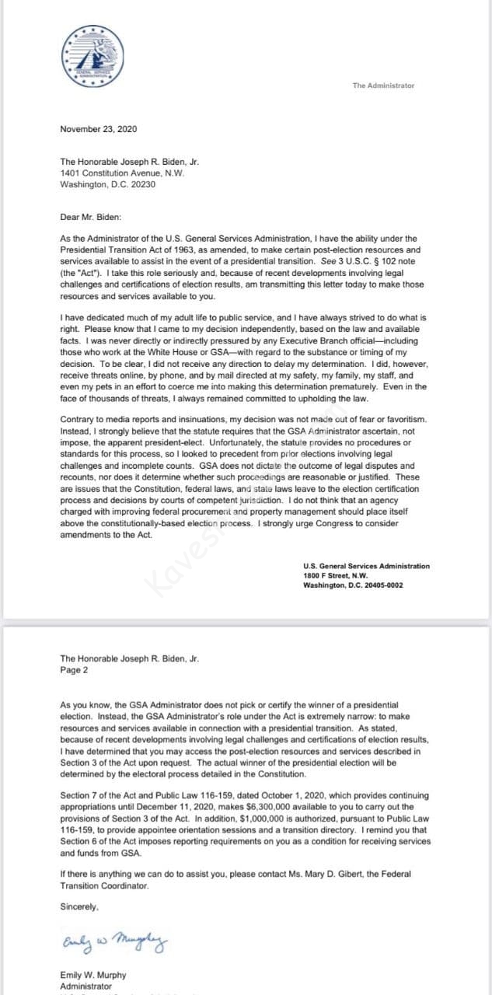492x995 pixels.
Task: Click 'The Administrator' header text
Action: coord(383,86)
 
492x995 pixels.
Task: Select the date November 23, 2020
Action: coord(99,129)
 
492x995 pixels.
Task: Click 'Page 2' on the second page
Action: coord(74,669)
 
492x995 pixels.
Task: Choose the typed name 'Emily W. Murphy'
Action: coord(93,975)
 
